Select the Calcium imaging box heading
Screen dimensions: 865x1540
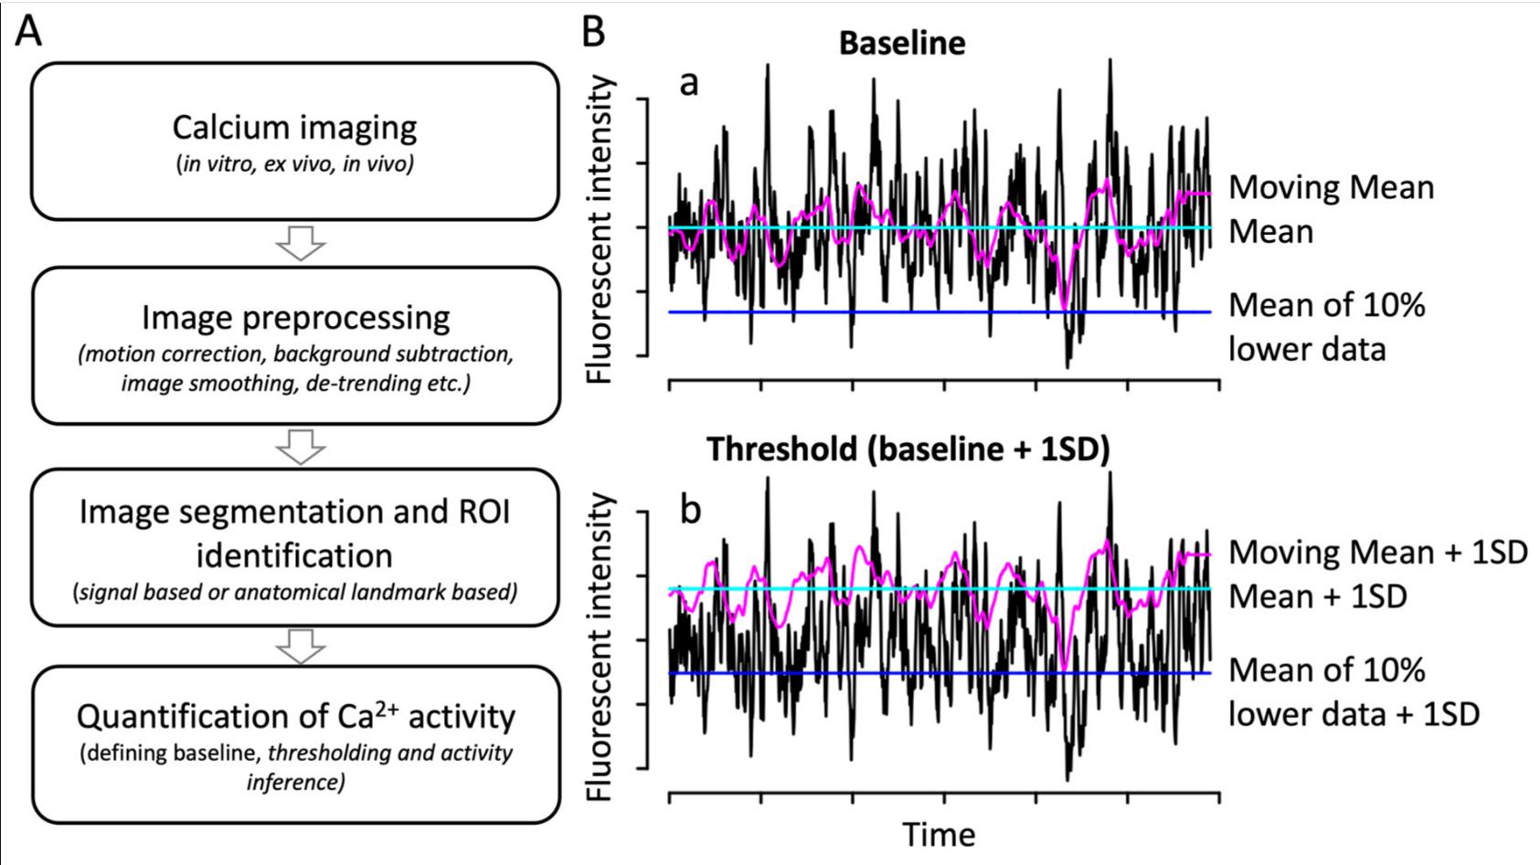click(294, 127)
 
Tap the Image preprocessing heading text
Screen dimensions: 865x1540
click(295, 318)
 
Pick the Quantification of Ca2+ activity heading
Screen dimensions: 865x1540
click(295, 716)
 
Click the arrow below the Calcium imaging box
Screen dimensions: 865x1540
click(301, 243)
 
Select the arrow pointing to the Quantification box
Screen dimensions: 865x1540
click(301, 646)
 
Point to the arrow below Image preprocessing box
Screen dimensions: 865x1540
click(301, 446)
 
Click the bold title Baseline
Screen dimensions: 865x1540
click(901, 43)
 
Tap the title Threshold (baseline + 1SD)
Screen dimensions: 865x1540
click(908, 449)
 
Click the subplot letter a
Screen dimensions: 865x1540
click(689, 83)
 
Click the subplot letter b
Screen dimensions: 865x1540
click(690, 509)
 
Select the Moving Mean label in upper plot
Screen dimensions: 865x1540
click(1331, 187)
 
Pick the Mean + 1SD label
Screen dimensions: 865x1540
click(1317, 596)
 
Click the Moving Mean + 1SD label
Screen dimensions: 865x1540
click(1377, 552)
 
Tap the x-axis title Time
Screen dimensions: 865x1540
click(939, 834)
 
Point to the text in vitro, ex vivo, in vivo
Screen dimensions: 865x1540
click(294, 166)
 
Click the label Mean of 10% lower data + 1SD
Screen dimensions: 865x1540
click(1353, 691)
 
